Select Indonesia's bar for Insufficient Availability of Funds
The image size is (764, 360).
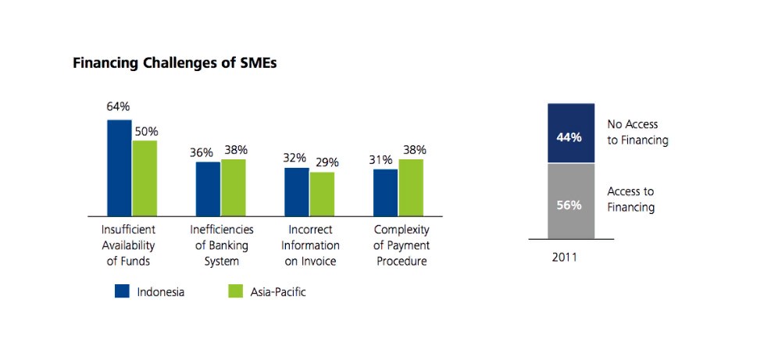(x=119, y=168)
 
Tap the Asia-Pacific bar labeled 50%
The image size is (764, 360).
(x=145, y=178)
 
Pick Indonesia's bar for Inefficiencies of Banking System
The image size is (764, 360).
(x=208, y=189)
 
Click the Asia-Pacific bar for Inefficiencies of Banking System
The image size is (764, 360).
(x=234, y=187)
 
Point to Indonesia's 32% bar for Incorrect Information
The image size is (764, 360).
(x=296, y=192)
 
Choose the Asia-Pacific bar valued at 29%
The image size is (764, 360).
(x=322, y=194)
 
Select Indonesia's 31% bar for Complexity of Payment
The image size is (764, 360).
(x=385, y=193)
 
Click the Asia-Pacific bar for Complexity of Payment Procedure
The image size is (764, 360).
(x=411, y=187)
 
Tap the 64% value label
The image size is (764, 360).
(x=118, y=107)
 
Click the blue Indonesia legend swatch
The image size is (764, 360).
(x=122, y=292)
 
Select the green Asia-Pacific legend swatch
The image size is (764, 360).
(x=236, y=292)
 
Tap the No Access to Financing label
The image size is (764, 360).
(x=637, y=132)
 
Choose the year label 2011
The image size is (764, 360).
(x=564, y=256)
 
